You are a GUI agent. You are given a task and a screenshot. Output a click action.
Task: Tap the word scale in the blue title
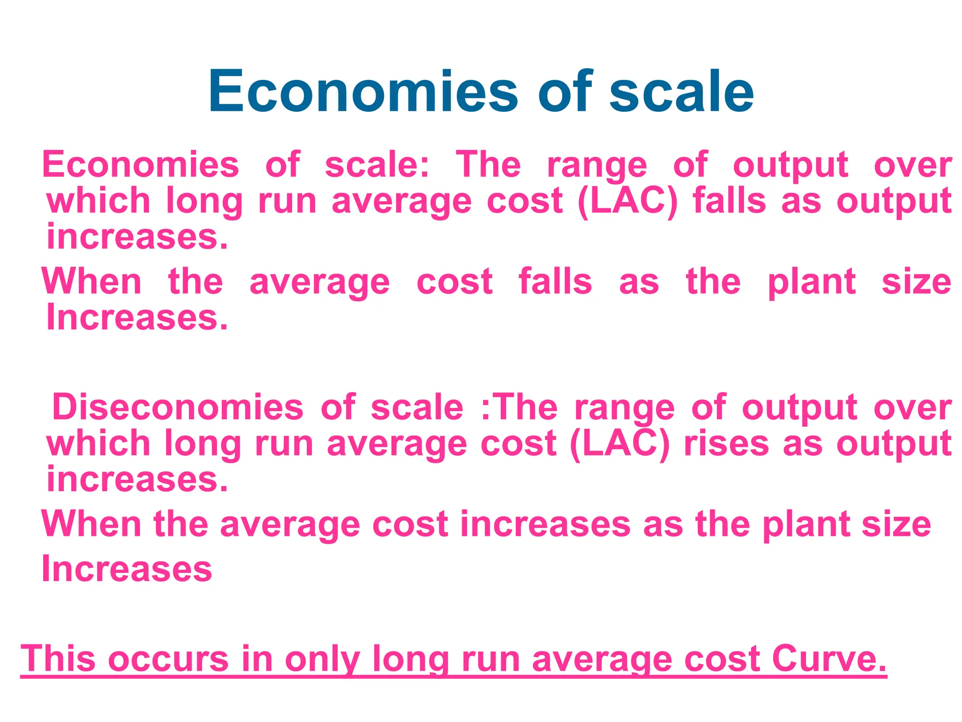(x=681, y=91)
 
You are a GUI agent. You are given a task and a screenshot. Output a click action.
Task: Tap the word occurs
(x=168, y=659)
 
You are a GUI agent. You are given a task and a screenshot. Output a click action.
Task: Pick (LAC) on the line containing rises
(x=620, y=443)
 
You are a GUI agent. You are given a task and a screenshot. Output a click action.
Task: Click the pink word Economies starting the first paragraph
(x=140, y=165)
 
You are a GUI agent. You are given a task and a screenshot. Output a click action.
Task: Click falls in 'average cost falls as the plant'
(x=555, y=282)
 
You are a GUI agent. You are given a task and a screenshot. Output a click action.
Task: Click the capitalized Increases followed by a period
(x=137, y=318)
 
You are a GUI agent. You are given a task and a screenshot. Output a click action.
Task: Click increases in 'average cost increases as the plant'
(x=545, y=524)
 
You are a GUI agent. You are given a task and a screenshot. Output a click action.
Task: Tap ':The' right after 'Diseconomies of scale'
(x=519, y=407)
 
